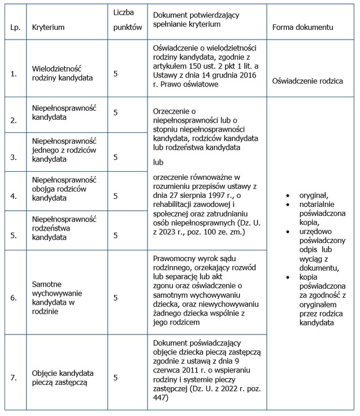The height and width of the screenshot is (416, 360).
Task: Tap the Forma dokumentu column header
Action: pyautogui.click(x=302, y=27)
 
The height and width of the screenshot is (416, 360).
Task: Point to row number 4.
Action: pyautogui.click(x=14, y=196)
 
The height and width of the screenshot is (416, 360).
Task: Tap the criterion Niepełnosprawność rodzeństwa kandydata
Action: pyautogui.click(x=64, y=226)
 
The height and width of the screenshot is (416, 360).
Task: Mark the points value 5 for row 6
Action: pyautogui.click(x=116, y=297)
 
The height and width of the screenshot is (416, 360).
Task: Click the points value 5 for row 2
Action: pyautogui.click(x=116, y=112)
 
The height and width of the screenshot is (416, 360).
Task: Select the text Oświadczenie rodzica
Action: pyautogui.click(x=307, y=81)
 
